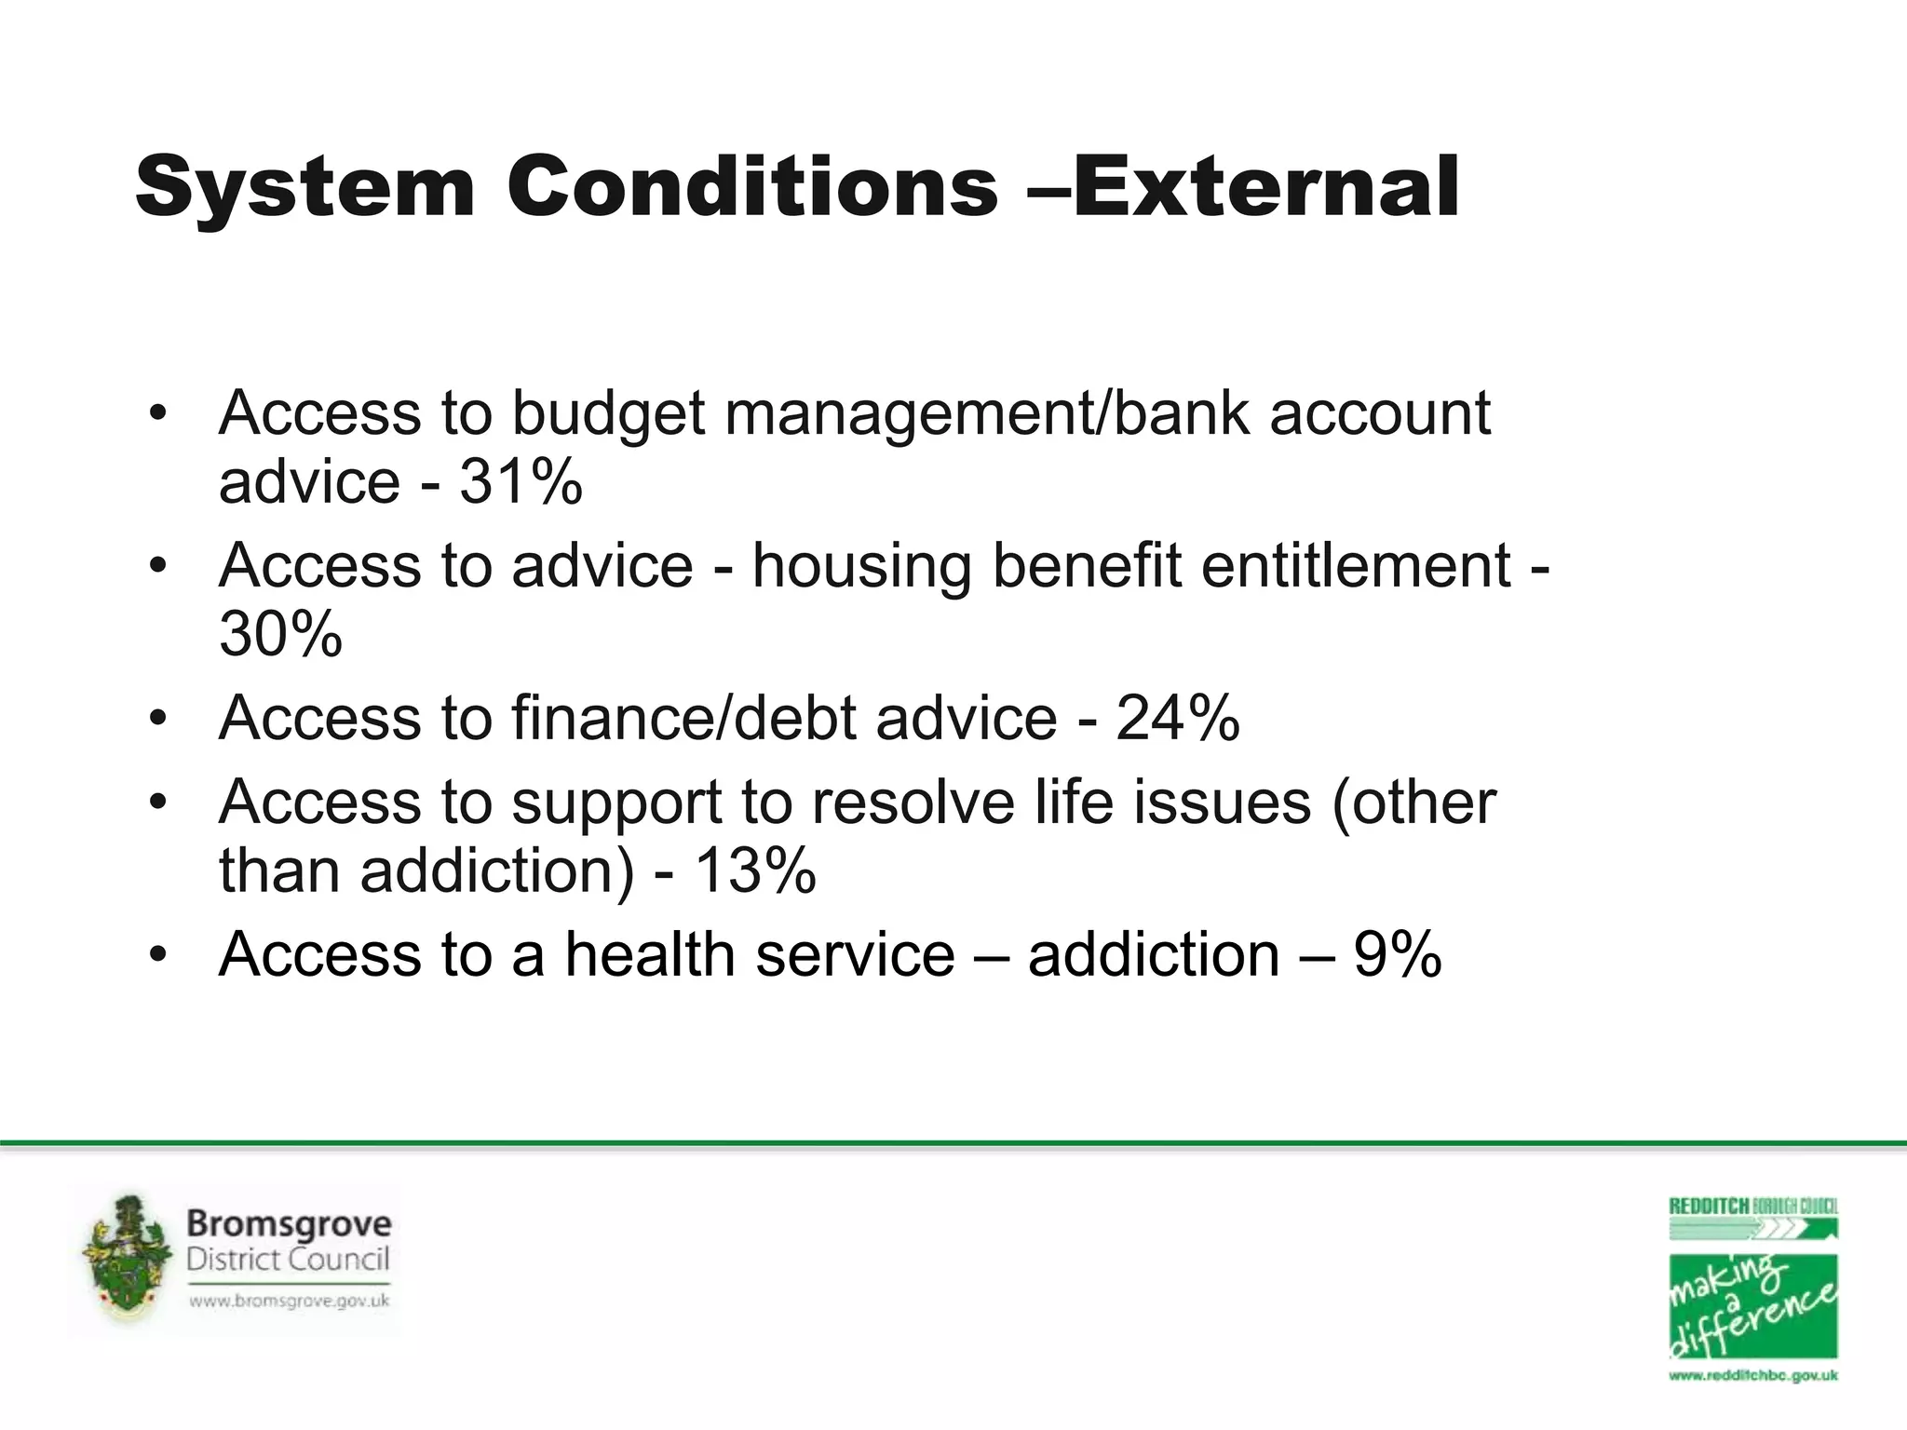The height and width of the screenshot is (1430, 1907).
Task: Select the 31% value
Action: tap(521, 482)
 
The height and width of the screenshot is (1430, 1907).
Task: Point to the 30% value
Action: tap(280, 635)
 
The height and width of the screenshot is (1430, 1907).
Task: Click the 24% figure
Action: tap(1177, 718)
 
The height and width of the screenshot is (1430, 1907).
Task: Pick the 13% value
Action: tap(754, 870)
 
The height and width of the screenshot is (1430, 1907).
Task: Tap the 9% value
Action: tap(1397, 954)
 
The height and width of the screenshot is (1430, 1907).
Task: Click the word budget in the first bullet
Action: tap(608, 413)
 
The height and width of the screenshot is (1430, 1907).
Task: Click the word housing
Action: tap(861, 566)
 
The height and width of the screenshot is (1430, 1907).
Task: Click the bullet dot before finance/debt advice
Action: tap(158, 718)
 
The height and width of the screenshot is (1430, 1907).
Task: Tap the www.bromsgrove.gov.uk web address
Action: tap(289, 1302)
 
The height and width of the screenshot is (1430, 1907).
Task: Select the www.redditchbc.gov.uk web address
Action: tap(1752, 1375)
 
